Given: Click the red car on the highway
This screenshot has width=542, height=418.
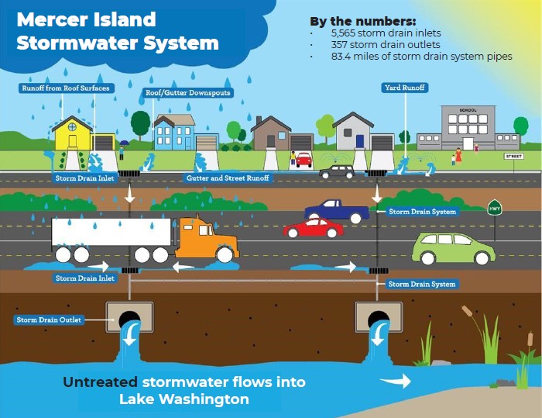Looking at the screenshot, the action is pyautogui.click(x=313, y=228).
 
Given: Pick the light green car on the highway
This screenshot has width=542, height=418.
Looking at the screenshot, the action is pyautogui.click(x=452, y=247).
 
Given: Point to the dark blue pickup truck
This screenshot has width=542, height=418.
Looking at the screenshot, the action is pyautogui.click(x=336, y=210).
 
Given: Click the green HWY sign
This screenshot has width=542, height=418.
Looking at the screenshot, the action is pyautogui.click(x=493, y=208).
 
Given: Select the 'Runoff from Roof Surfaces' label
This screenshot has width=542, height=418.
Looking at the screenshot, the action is pyautogui.click(x=66, y=88).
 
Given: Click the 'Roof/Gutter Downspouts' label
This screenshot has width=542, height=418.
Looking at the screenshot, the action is pyautogui.click(x=188, y=93).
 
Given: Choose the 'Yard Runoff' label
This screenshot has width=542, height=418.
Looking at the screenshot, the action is pyautogui.click(x=404, y=88).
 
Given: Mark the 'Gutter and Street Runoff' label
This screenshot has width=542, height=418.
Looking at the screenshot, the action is pyautogui.click(x=228, y=178).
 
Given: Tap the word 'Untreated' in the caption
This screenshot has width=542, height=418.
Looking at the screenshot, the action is pyautogui.click(x=100, y=382).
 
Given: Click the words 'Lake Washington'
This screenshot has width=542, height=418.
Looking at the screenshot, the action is pyautogui.click(x=184, y=399).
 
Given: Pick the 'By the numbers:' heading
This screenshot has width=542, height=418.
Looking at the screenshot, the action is pyautogui.click(x=362, y=20).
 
